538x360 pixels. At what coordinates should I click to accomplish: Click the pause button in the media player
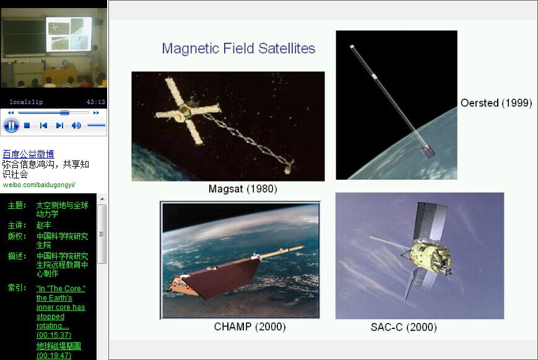tap(11, 125)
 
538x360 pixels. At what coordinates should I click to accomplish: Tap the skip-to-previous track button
tap(43, 126)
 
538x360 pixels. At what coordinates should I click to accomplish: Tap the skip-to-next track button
tap(59, 126)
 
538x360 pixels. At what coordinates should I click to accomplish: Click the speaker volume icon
tap(76, 126)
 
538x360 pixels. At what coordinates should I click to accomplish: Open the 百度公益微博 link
tap(28, 154)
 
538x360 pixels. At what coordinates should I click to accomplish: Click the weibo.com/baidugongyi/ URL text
tap(39, 185)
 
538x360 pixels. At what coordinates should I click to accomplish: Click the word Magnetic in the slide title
tap(191, 48)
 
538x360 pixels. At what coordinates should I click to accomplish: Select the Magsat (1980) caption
tap(243, 189)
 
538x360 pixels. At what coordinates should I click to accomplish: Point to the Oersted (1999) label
tap(496, 103)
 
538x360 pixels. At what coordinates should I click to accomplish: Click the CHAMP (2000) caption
tap(249, 327)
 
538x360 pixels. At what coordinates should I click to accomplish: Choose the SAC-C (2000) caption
tap(404, 327)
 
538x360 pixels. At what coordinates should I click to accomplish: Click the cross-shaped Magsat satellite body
tap(186, 111)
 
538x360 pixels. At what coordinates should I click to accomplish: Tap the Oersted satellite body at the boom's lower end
tap(428, 151)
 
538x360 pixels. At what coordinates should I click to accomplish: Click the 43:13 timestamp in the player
tap(96, 102)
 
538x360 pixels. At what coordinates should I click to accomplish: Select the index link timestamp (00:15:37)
tap(54, 335)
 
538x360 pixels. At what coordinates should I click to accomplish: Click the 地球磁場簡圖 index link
tap(59, 346)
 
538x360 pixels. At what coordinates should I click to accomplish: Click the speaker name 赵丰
tap(43, 225)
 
